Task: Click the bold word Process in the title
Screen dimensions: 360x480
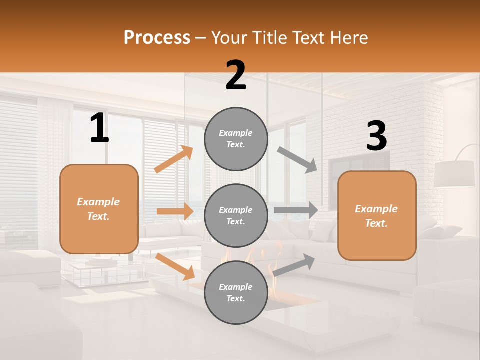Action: [x=157, y=37]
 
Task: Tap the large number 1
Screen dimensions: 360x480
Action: [x=99, y=128]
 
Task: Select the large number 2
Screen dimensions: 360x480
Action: [x=236, y=75]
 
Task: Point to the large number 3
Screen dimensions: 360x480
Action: [x=376, y=136]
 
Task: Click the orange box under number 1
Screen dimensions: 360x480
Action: [x=99, y=209]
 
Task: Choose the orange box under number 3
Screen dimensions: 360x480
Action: [x=377, y=215]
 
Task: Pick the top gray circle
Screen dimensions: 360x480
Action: [x=236, y=139]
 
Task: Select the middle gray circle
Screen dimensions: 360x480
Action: [x=236, y=215]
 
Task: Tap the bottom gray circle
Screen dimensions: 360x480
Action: [x=236, y=292]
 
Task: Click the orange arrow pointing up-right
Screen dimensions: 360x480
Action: [x=174, y=159]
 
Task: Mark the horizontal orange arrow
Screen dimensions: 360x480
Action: [x=175, y=211]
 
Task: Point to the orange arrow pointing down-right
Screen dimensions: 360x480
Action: [x=175, y=266]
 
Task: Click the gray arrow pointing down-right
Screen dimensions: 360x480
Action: [x=297, y=159]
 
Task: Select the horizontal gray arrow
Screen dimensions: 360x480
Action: [x=296, y=210]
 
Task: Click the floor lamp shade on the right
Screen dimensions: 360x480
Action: [x=454, y=174]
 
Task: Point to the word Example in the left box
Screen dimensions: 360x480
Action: [x=98, y=202]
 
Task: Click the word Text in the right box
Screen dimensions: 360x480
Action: [x=376, y=223]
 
